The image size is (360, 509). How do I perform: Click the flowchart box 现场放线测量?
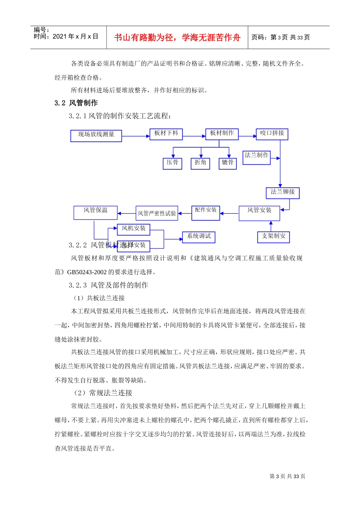click(96, 136)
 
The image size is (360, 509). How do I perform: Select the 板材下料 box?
click(166, 134)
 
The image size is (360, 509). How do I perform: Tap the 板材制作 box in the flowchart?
click(222, 134)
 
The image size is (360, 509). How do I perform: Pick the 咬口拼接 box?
click(272, 134)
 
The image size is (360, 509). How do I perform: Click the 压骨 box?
click(172, 163)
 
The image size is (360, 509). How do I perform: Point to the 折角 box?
click(200, 163)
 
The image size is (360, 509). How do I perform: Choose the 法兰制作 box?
click(256, 157)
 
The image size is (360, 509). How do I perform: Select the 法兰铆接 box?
click(282, 193)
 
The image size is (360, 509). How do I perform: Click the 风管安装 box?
click(259, 213)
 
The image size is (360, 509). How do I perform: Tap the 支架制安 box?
click(273, 237)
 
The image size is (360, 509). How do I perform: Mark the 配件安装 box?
click(205, 213)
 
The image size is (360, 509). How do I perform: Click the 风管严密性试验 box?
click(157, 213)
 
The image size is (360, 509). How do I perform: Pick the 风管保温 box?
click(95, 212)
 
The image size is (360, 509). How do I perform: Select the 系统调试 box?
click(199, 237)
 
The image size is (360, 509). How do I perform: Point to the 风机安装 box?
click(133, 229)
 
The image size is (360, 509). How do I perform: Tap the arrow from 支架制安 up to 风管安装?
click(271, 226)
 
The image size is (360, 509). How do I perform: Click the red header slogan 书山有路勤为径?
click(177, 37)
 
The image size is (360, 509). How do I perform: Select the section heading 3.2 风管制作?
click(76, 103)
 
